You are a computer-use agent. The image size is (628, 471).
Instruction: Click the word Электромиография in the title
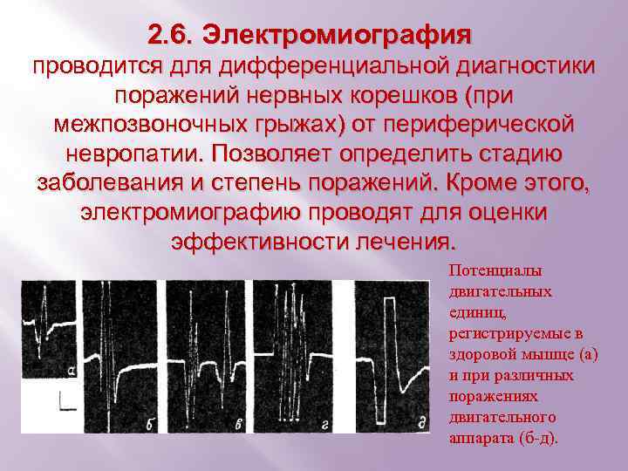(x=337, y=36)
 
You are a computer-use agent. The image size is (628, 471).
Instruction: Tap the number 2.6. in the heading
(x=171, y=35)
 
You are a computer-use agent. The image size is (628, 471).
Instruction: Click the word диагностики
(x=525, y=66)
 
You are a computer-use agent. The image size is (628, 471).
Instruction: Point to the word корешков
(x=404, y=96)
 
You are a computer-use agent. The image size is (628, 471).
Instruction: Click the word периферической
(x=479, y=126)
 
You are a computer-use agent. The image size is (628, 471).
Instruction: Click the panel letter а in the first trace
(x=71, y=372)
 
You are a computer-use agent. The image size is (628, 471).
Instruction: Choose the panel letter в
(x=239, y=424)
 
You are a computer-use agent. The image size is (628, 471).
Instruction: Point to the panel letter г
(x=325, y=425)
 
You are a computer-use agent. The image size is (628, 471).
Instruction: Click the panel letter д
(x=422, y=423)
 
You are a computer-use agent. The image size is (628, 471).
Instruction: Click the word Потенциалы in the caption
(x=495, y=270)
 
